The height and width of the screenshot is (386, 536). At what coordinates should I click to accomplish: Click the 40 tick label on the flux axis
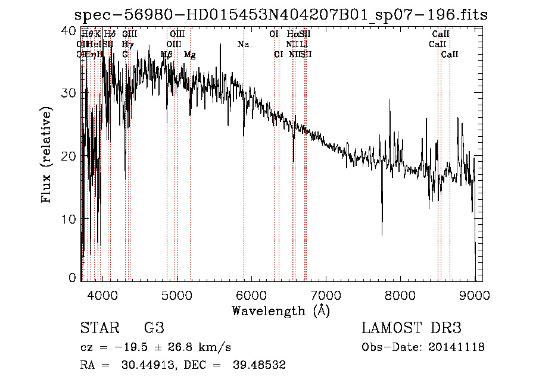[x=69, y=31]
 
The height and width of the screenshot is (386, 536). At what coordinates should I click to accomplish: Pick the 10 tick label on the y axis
[x=69, y=219]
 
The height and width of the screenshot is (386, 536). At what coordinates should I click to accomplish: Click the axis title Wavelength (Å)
[x=281, y=310]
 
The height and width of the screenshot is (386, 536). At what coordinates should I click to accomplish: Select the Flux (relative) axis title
[x=47, y=155]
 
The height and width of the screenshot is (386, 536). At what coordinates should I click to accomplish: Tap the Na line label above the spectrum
[x=243, y=45]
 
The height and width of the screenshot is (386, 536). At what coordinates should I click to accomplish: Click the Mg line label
[x=190, y=55]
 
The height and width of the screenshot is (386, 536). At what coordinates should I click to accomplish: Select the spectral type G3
[x=154, y=328]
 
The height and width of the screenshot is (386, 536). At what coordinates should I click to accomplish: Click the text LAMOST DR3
[x=412, y=328]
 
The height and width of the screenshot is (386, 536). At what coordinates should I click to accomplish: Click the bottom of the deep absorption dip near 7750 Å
[x=382, y=234]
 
